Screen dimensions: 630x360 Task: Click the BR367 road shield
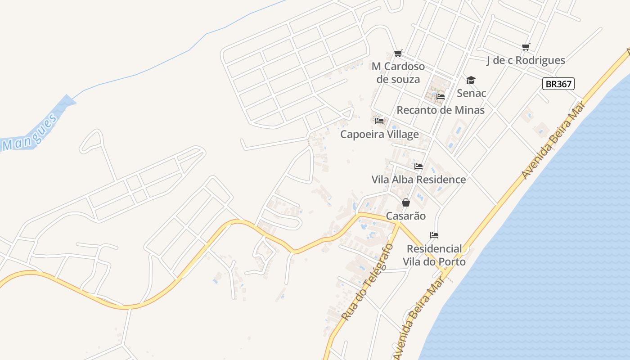(558, 84)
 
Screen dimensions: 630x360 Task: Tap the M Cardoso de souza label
(398, 73)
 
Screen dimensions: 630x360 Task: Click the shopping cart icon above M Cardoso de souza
(398, 54)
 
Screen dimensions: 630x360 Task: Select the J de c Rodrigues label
(526, 60)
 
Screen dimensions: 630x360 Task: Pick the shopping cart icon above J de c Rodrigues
(526, 47)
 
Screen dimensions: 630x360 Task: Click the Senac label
(471, 93)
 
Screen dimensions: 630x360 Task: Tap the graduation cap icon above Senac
(471, 80)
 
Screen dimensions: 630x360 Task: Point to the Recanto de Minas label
(441, 110)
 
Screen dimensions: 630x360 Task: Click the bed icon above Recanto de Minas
(441, 97)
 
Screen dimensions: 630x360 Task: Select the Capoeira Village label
(379, 134)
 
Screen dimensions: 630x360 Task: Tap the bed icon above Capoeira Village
(379, 121)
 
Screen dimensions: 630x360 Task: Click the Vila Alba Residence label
(418, 180)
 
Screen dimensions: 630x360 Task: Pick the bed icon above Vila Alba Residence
(418, 166)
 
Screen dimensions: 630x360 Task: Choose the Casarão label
(406, 216)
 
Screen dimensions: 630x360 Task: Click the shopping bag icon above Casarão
(406, 202)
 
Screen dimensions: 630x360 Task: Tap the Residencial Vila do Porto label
(434, 255)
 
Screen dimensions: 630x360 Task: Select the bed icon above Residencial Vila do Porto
(434, 235)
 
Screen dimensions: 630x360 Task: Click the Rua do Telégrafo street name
(367, 283)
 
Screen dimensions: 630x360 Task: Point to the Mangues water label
(30, 133)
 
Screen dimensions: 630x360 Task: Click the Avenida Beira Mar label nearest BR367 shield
(553, 141)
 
